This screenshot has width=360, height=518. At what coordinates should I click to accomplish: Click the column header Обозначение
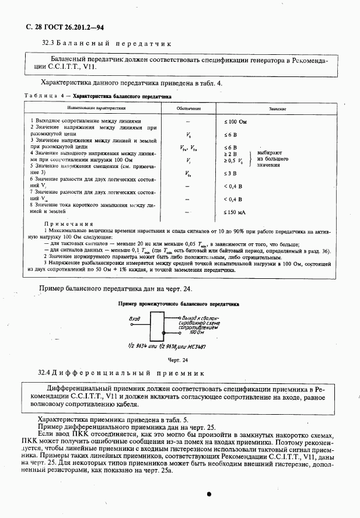coord(188,108)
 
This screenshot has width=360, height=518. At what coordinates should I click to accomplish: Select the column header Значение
coord(277,108)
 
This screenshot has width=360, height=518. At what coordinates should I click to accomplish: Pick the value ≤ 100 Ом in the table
coord(236,121)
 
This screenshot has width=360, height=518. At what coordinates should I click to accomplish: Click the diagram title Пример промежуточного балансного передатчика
coord(179,304)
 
